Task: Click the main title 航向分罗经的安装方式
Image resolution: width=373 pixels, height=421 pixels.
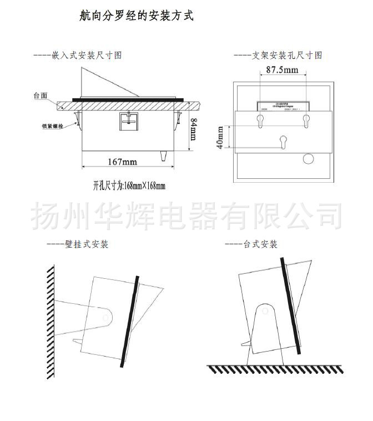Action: pyautogui.click(x=137, y=16)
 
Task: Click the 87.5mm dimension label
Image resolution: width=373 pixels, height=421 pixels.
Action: pyautogui.click(x=281, y=70)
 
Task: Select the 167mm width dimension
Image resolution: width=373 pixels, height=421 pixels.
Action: pyautogui.click(x=122, y=162)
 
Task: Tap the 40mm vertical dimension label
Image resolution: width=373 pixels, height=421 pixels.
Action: pyautogui.click(x=220, y=137)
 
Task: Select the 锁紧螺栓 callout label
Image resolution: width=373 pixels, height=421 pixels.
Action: pyautogui.click(x=51, y=127)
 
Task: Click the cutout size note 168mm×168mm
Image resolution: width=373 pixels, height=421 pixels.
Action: pyautogui.click(x=129, y=186)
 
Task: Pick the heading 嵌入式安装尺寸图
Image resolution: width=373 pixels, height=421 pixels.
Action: pyautogui.click(x=78, y=55)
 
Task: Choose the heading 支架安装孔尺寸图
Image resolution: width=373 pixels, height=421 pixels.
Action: pyautogui.click(x=278, y=55)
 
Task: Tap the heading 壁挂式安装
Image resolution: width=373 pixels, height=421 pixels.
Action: pyautogui.click(x=78, y=244)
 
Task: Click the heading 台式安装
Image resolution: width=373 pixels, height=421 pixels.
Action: pyautogui.click(x=251, y=244)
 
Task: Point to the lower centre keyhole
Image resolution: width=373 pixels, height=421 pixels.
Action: pyautogui.click(x=283, y=141)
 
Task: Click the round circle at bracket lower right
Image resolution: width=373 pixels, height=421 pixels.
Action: pyautogui.click(x=307, y=159)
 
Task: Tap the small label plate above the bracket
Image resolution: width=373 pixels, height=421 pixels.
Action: pyautogui.click(x=283, y=107)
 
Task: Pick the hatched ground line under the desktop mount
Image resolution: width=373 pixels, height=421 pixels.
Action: pyautogui.click(x=275, y=369)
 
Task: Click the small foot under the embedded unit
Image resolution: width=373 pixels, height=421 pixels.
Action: pyautogui.click(x=164, y=156)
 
